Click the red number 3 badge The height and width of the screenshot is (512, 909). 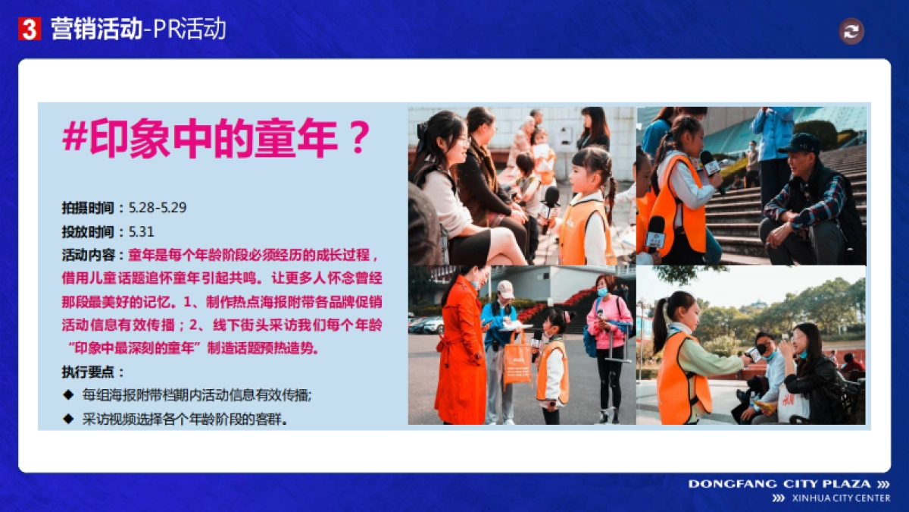[x=30, y=30]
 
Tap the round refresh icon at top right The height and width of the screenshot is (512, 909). [x=851, y=31]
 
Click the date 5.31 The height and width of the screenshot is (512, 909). [x=142, y=231]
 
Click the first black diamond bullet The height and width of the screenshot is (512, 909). [x=69, y=395]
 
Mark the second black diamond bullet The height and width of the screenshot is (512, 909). [x=69, y=419]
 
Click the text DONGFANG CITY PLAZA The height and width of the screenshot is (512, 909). [x=781, y=484]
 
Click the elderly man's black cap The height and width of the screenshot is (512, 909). [x=799, y=142]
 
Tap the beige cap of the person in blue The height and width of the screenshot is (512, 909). [x=505, y=289]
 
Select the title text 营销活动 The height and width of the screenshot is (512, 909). [x=96, y=30]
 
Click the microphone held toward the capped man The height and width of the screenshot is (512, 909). [x=711, y=163]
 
